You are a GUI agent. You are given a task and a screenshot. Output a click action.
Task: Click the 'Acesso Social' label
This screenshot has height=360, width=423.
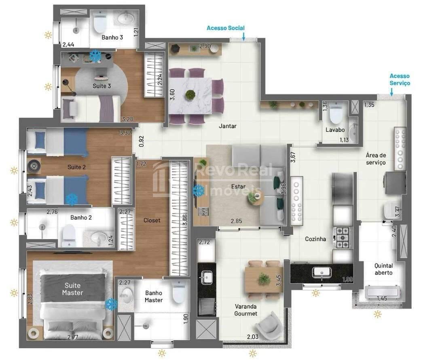coord(226,28)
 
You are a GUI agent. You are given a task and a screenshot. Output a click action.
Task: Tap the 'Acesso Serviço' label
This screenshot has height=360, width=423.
coord(400,80)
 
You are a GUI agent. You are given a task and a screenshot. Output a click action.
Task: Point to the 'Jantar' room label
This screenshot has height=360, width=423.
coord(228,126)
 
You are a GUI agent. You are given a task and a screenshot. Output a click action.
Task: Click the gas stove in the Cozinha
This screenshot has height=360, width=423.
coord(343,238)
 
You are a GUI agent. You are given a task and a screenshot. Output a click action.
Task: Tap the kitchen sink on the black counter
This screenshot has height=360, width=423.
coord(321,272)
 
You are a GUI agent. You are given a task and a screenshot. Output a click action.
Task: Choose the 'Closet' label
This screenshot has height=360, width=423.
coord(152,220)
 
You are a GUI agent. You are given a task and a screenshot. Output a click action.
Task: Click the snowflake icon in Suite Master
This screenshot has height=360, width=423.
coord(111,304)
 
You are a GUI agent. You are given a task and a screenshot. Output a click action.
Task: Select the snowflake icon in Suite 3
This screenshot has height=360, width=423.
coord(95,55)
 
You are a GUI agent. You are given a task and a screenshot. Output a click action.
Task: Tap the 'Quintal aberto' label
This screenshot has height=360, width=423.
coord(383,269)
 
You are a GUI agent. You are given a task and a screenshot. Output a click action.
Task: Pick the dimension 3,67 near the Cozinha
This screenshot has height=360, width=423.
coord(293,157)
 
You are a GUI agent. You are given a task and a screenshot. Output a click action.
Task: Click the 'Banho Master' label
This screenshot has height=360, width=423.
coord(154,297)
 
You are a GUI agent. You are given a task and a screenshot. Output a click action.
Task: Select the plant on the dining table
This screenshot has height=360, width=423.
coord(190,95)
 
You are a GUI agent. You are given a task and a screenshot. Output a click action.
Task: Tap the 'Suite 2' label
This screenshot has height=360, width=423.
coord(76,167)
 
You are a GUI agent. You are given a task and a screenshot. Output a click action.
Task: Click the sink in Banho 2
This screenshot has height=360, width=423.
coord(98,238)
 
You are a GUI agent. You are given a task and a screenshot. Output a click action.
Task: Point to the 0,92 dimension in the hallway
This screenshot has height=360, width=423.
coord(142,141)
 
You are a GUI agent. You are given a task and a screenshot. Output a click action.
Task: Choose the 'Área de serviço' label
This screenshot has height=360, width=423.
coord(376,159)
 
